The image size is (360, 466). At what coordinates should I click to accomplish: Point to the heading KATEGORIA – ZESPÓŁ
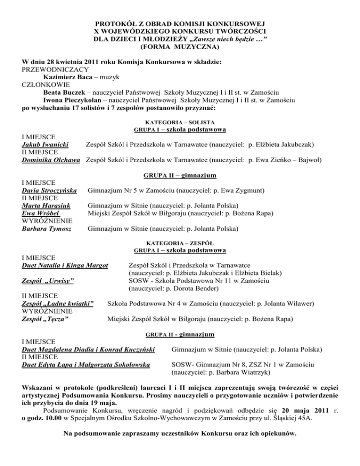pyautogui.click(x=180, y=243)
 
